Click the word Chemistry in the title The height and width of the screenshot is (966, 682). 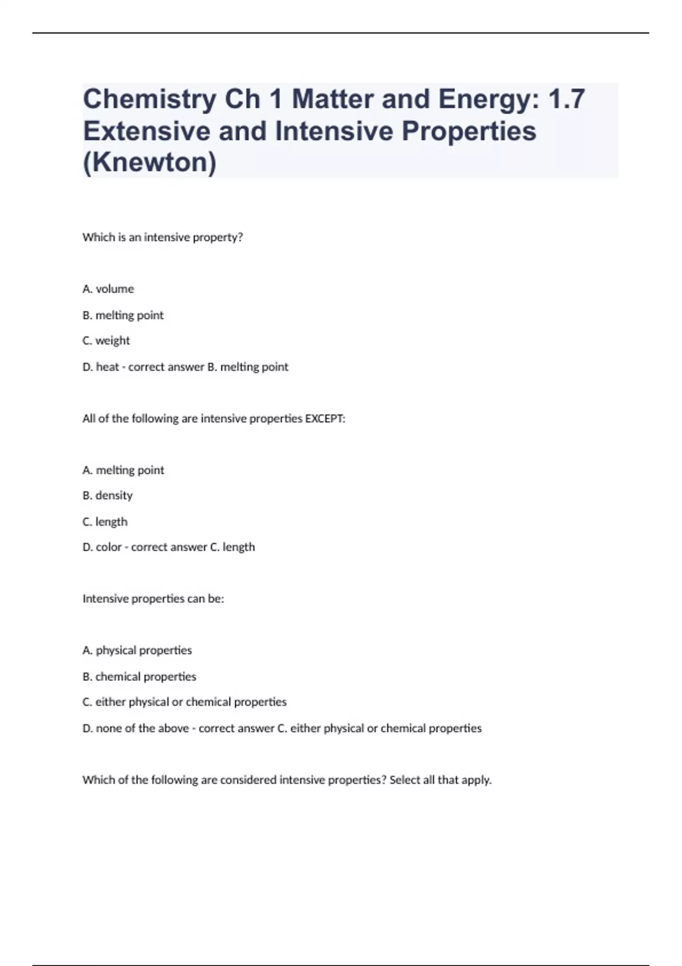(x=149, y=99)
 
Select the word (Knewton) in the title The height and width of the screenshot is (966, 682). (x=149, y=163)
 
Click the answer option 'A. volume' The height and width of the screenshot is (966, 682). (x=108, y=289)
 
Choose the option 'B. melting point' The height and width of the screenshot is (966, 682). (x=123, y=315)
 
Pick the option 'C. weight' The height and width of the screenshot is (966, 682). (x=106, y=341)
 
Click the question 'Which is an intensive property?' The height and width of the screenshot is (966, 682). (x=163, y=238)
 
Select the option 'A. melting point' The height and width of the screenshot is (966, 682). (x=123, y=470)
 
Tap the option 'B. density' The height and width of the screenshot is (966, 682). (x=107, y=496)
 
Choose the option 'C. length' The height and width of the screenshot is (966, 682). (x=105, y=522)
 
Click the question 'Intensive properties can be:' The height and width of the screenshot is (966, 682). (x=153, y=599)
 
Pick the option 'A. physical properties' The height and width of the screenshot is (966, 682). (x=137, y=651)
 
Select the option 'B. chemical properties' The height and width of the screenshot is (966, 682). (x=139, y=677)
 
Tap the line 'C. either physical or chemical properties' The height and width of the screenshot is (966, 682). (x=185, y=702)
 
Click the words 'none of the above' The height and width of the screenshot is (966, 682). (x=142, y=728)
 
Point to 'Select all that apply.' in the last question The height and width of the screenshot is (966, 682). (x=440, y=780)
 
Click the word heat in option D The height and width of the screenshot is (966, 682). (x=107, y=367)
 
